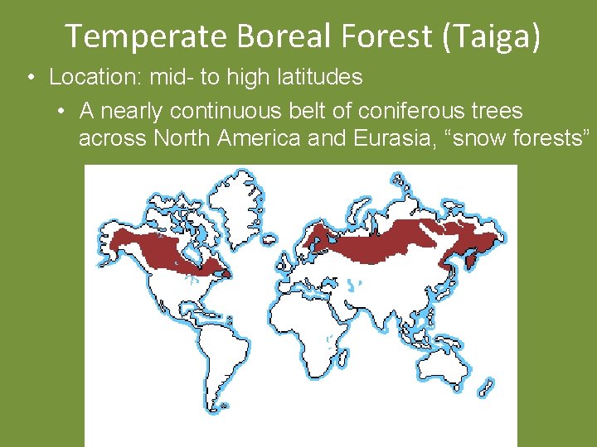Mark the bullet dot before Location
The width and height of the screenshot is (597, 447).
pyautogui.click(x=30, y=78)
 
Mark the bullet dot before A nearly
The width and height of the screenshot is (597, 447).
pyautogui.click(x=61, y=111)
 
